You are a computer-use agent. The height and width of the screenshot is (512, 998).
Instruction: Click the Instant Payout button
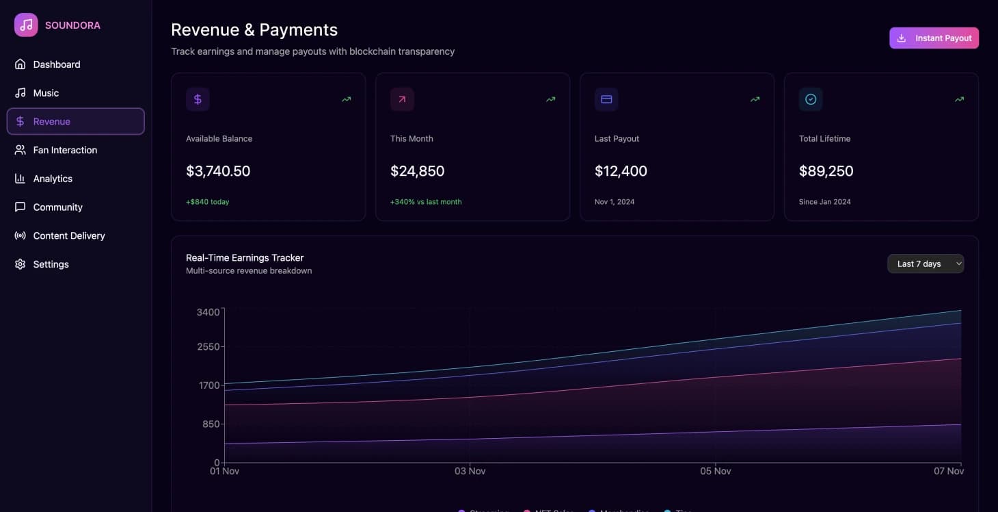pyautogui.click(x=934, y=38)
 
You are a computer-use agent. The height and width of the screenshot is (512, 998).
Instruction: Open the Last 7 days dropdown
pyautogui.click(x=925, y=264)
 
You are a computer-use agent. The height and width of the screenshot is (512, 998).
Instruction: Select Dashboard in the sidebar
pyautogui.click(x=57, y=64)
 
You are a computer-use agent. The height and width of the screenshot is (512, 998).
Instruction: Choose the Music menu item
pyautogui.click(x=46, y=93)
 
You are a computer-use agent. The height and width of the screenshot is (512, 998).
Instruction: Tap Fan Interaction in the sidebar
pyautogui.click(x=65, y=150)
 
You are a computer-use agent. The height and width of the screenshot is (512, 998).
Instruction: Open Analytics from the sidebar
pyautogui.click(x=53, y=179)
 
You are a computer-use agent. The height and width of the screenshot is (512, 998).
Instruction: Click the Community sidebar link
pyautogui.click(x=57, y=207)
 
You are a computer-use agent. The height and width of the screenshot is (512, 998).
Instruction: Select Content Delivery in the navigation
pyautogui.click(x=69, y=235)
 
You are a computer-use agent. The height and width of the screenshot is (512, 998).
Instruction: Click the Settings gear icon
pyautogui.click(x=21, y=264)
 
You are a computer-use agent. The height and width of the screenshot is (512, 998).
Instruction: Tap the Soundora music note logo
pyautogui.click(x=26, y=25)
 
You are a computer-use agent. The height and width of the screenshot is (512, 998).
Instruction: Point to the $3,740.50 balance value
pyautogui.click(x=218, y=171)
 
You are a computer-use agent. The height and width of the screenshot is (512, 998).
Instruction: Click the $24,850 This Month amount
pyautogui.click(x=417, y=171)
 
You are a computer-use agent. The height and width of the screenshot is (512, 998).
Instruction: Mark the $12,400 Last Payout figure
pyautogui.click(x=621, y=171)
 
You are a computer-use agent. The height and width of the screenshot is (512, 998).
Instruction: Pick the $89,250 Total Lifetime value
pyautogui.click(x=826, y=171)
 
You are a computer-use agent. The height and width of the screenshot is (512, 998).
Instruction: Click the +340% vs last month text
pyautogui.click(x=426, y=202)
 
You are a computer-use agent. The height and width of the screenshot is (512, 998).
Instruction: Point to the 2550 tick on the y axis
pyautogui.click(x=208, y=347)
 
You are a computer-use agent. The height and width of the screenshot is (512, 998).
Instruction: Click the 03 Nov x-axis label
pyautogui.click(x=470, y=471)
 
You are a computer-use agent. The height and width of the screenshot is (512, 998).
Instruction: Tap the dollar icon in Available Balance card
pyautogui.click(x=198, y=99)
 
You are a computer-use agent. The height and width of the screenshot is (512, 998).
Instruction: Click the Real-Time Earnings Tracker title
pyautogui.click(x=245, y=257)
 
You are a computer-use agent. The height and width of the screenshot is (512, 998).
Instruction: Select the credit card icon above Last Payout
pyautogui.click(x=606, y=99)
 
